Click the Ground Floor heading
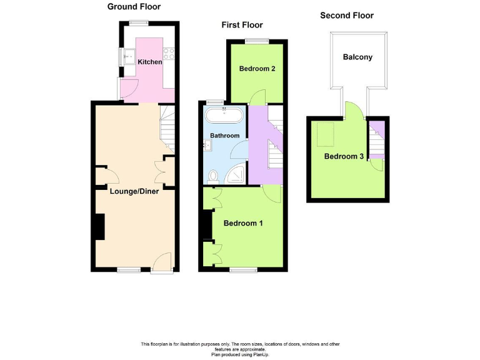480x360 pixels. pos(134,7)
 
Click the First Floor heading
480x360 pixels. pos(242,25)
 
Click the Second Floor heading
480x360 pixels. pos(346,15)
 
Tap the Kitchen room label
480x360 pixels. pos(150,62)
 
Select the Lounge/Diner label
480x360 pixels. pos(134,191)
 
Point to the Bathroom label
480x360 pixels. pos(224,136)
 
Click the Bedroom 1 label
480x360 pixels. pos(243,223)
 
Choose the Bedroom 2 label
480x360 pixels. pos(257,69)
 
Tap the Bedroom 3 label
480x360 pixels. pos(344,156)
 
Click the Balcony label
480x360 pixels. pos(357,57)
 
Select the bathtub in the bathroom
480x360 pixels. pos(224,115)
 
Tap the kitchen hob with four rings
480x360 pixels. pos(168,54)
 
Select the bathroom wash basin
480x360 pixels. pos(209,145)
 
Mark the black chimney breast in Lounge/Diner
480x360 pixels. pos(99,227)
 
